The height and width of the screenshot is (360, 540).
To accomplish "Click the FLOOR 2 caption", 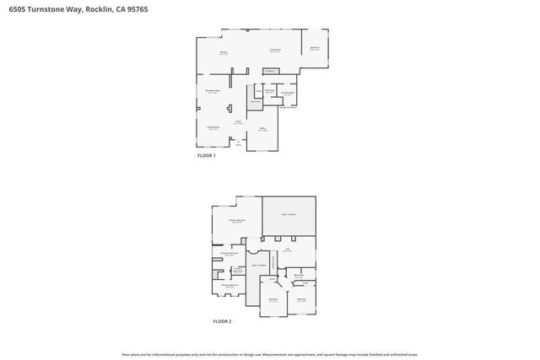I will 221,321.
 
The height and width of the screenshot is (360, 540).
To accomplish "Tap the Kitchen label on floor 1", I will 224,53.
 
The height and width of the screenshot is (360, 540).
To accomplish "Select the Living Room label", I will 274,51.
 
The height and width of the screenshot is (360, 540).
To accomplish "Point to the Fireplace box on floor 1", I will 270,72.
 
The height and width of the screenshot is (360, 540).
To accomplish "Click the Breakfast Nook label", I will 213,91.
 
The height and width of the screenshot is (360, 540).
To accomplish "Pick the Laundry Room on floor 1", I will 287,94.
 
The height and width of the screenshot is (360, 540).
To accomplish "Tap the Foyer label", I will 239,122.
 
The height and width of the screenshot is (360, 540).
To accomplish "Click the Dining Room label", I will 213,128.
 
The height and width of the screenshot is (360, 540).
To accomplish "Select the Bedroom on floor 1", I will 314,48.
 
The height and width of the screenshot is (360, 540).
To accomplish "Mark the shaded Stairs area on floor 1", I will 255,101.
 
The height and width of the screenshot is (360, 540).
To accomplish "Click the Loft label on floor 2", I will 288,250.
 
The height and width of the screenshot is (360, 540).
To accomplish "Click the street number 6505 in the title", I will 18,10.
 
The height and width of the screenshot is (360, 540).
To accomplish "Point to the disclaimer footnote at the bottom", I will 270,354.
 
